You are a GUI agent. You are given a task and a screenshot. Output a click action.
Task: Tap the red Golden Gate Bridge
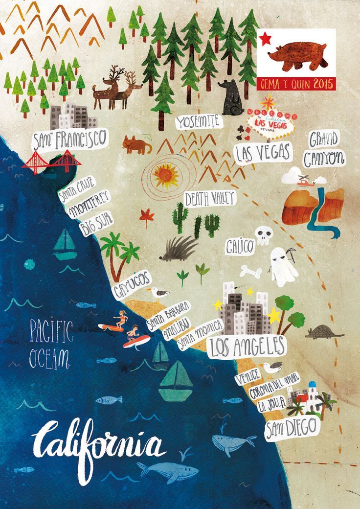point(51,162)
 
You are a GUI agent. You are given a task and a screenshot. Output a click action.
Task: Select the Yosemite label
point(199,122)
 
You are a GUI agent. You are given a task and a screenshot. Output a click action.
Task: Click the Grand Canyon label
point(324,149)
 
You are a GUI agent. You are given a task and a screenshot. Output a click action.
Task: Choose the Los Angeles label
point(247,346)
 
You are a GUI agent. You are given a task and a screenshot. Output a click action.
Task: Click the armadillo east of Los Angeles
point(324,332)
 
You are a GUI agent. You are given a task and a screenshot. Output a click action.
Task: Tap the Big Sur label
point(96,223)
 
